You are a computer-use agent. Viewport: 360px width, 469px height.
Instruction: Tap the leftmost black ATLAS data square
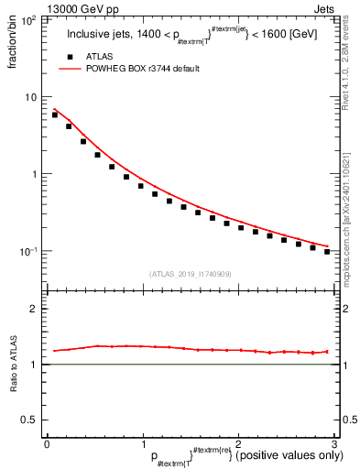tap(55, 115)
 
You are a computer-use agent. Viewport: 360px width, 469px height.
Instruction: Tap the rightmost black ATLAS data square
tap(327, 251)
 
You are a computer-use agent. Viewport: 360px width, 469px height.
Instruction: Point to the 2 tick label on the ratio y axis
tap(33, 309)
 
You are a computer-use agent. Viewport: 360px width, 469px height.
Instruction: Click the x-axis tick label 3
tap(334, 443)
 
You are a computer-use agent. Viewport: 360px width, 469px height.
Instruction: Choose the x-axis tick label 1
tap(142, 443)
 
